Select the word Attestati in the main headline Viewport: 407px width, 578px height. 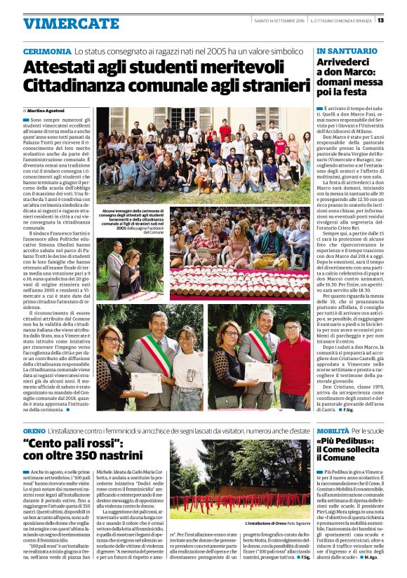coord(63,68)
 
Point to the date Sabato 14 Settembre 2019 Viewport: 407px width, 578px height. coord(277,20)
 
